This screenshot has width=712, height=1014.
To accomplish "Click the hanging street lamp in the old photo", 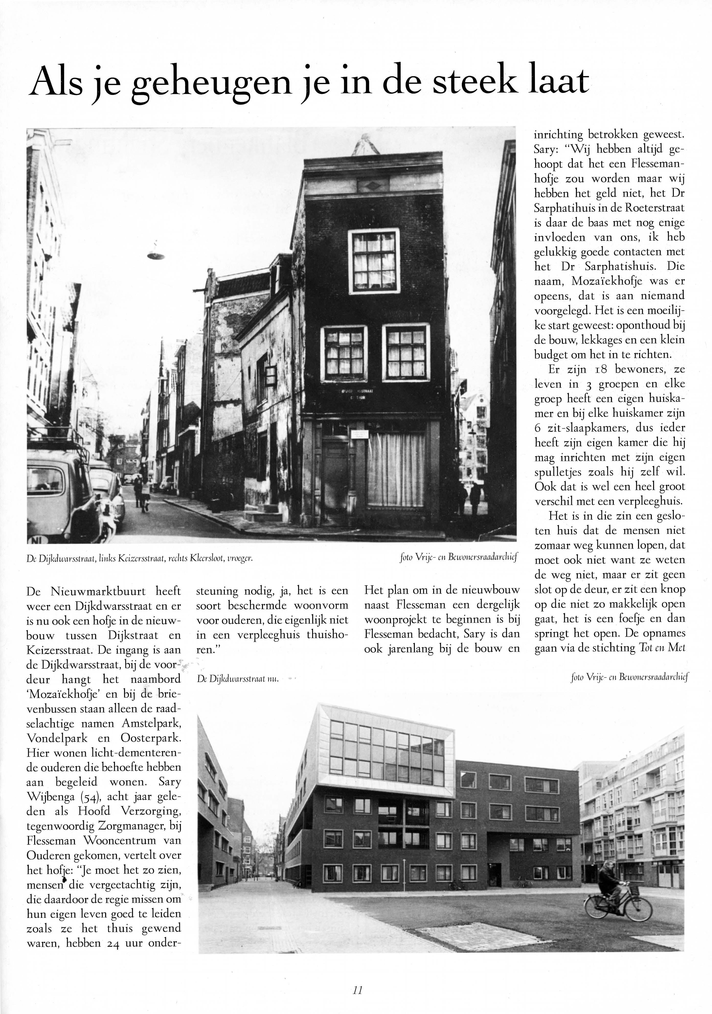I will tap(156, 255).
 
